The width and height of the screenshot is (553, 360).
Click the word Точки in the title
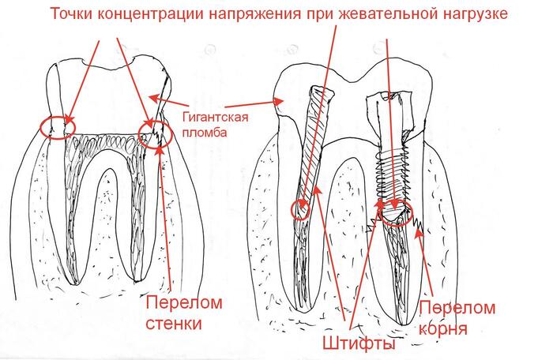tap(76, 15)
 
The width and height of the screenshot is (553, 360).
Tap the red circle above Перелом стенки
tap(152, 132)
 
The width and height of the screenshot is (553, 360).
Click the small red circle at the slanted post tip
tap(299, 209)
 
